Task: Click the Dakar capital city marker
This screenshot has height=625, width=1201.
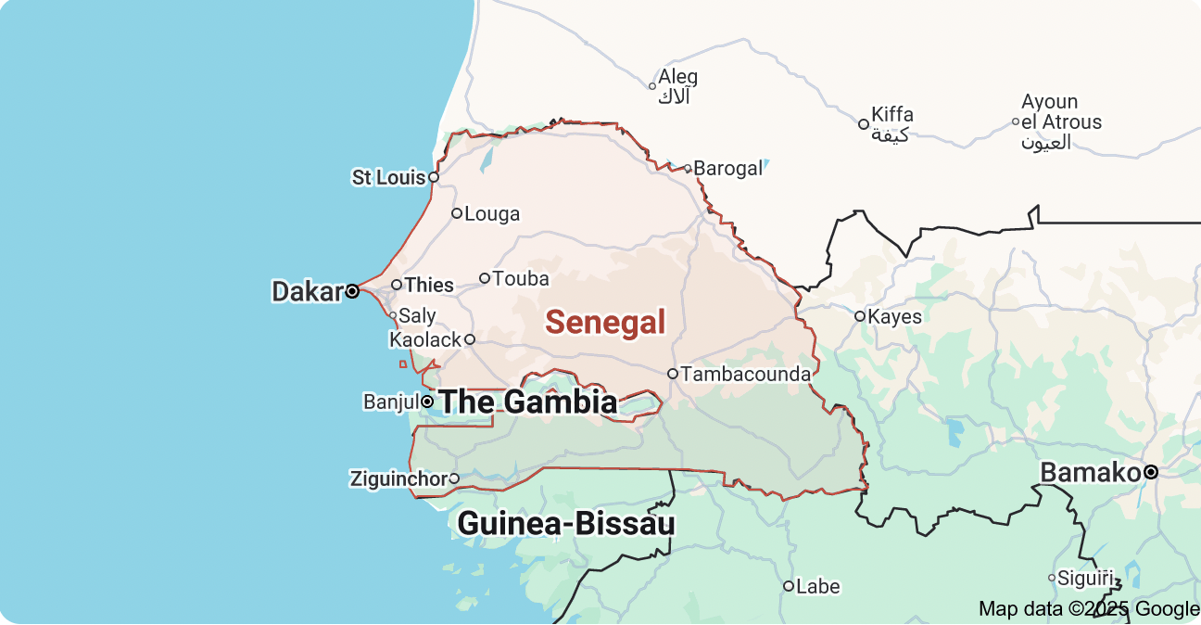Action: coord(352,291)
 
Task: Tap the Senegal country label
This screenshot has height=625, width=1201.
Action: coord(605,323)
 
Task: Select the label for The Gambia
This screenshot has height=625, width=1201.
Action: coord(527,402)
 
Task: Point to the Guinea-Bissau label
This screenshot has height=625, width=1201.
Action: coord(566,524)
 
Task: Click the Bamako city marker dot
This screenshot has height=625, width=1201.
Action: coord(1151,472)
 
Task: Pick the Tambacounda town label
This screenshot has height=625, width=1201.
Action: coord(746,375)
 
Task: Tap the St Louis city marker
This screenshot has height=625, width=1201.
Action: coord(433,176)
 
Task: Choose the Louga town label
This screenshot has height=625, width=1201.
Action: coord(492,214)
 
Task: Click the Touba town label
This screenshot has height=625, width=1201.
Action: coord(521,278)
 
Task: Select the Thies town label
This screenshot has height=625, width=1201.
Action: coord(430,285)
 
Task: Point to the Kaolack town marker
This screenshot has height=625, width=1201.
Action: coord(470,339)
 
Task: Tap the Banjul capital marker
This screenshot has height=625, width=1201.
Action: coord(427,402)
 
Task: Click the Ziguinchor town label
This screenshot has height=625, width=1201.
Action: coord(398,479)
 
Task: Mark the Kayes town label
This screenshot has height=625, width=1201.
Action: coord(895,317)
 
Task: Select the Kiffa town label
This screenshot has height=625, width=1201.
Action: coord(891,115)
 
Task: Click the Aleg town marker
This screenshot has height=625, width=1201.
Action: coord(652,86)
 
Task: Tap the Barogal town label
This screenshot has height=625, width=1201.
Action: coord(728,169)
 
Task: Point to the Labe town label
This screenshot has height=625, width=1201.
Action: coord(818,586)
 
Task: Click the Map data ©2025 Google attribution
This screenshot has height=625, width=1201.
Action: coord(1089,609)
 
